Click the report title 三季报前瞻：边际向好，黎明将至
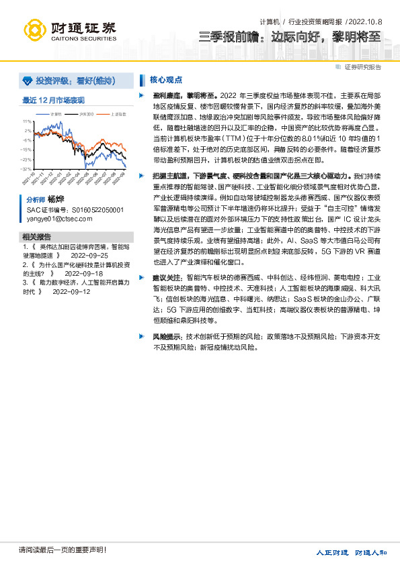coord(290,36)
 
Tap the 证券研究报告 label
coord(362,67)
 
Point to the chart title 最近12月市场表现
coord(53,100)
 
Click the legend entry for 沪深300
coord(85,114)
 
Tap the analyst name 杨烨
coord(55,200)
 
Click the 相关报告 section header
coord(36,238)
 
